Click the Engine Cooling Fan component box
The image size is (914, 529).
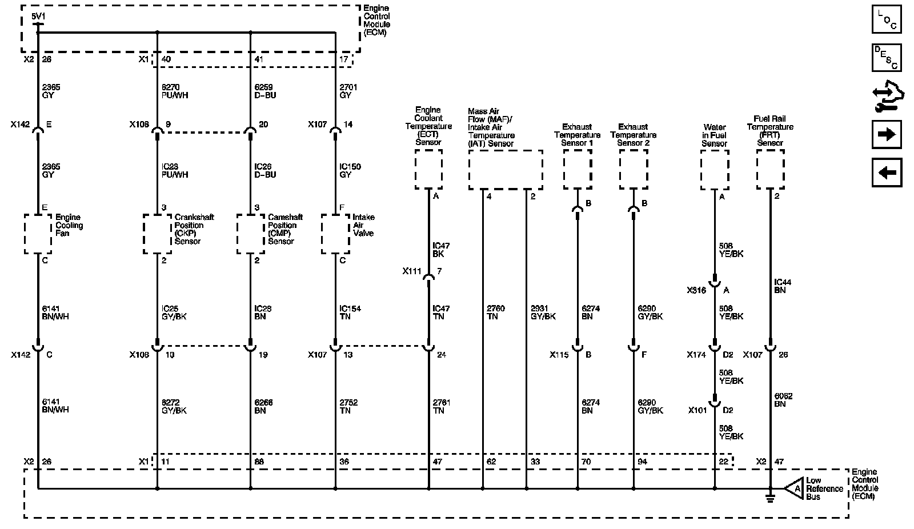(x=38, y=234)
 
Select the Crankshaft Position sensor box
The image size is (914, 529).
(x=157, y=234)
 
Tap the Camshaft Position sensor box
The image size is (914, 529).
(x=250, y=234)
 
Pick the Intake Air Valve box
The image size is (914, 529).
(x=335, y=234)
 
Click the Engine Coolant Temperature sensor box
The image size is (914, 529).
(x=428, y=170)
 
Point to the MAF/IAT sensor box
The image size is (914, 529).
(x=505, y=170)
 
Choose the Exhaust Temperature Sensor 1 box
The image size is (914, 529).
(x=577, y=170)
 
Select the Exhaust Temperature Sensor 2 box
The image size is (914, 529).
(x=633, y=170)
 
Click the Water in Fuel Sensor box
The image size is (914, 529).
(x=714, y=170)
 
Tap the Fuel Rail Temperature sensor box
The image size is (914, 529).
(x=770, y=170)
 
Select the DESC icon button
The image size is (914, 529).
(x=887, y=58)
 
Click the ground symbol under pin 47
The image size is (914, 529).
(x=770, y=498)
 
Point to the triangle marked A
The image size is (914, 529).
(x=795, y=489)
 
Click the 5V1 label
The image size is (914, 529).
(x=38, y=17)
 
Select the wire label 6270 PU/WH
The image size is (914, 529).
(x=175, y=91)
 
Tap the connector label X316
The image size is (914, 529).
(x=696, y=290)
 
